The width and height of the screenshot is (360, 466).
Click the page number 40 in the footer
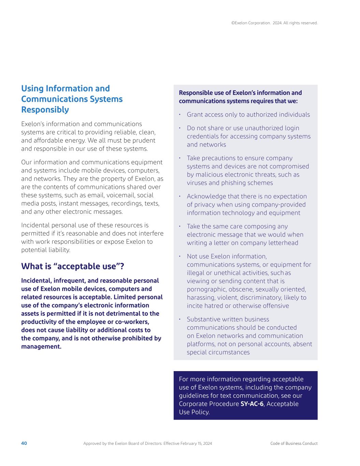coord(24,443)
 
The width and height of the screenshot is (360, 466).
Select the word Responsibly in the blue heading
coord(45,110)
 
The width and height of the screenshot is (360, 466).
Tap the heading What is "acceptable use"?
coord(72,266)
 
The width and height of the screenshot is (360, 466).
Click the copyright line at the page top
coord(274,23)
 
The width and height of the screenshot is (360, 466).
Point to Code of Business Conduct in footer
coord(293,443)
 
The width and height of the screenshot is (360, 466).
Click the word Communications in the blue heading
coord(72,99)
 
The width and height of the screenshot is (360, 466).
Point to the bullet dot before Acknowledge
coord(179,196)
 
